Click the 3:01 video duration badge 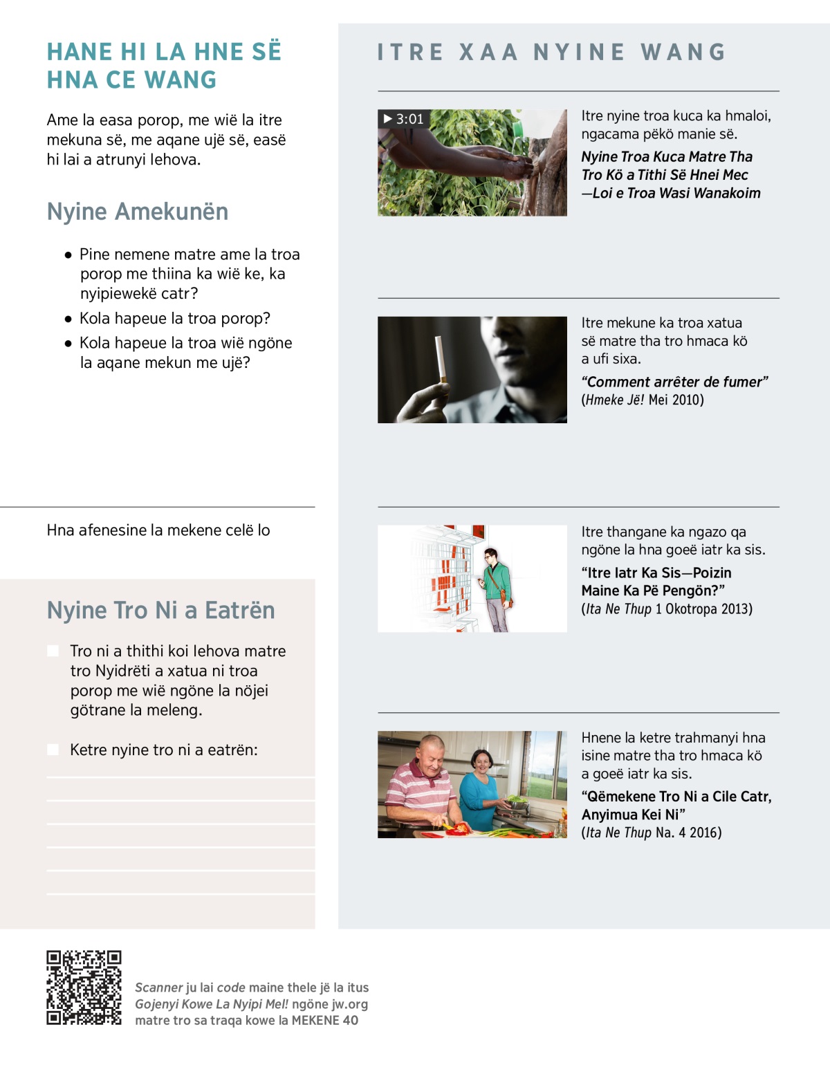point(403,119)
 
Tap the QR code point(84,987)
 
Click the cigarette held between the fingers point(439,358)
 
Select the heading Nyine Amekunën point(137,212)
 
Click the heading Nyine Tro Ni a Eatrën point(160,611)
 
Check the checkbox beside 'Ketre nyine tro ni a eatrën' point(53,750)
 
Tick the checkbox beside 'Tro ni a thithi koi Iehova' point(53,651)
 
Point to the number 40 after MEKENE point(351,1020)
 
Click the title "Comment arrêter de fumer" point(674,382)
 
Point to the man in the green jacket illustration point(495,588)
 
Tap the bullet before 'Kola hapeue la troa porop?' point(68,319)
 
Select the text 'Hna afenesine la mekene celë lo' point(158,530)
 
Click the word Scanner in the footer point(158,987)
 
